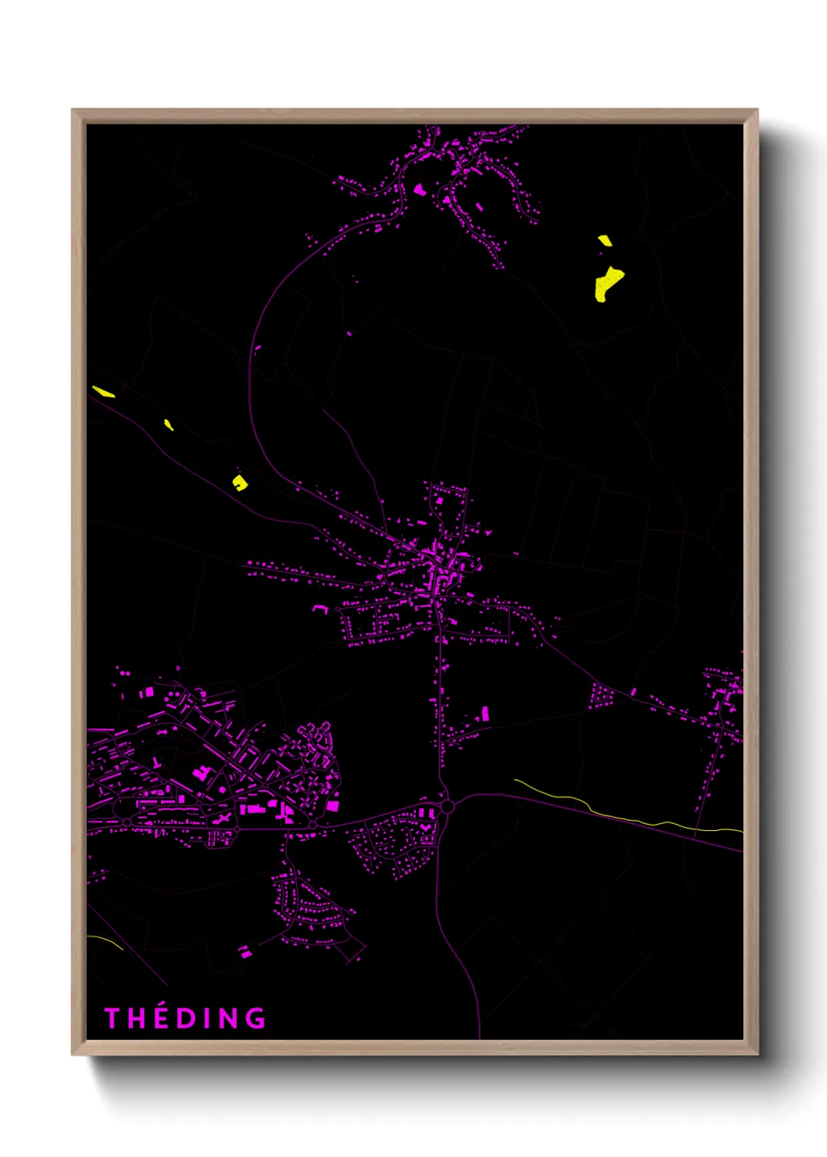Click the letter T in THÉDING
[112, 1018]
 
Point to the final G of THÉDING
[255, 1018]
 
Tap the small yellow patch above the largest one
[605, 241]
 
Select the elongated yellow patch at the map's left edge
[103, 391]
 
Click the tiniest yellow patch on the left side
[168, 424]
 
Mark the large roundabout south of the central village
[447, 805]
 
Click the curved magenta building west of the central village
[320, 607]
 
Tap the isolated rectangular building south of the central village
[485, 713]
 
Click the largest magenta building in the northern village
[419, 189]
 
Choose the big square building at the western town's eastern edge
[333, 804]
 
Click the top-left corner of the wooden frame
[73, 110]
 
